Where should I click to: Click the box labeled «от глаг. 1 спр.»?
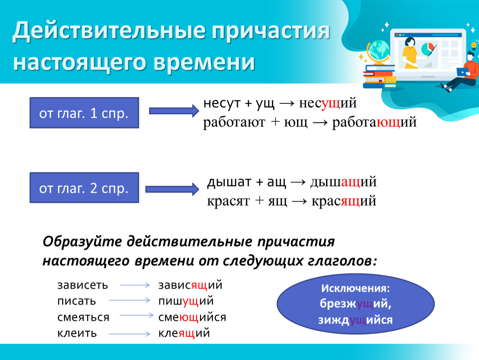(x=84, y=113)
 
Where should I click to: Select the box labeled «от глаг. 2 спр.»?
(x=84, y=187)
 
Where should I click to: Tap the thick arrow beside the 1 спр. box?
(x=174, y=111)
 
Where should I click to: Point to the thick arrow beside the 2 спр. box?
(x=172, y=189)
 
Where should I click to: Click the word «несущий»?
(x=328, y=103)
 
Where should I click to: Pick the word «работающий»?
(x=374, y=122)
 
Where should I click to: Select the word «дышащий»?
(x=343, y=182)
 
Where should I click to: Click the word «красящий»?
(x=344, y=201)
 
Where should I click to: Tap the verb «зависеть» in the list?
(x=82, y=285)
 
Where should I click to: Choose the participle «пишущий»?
(x=186, y=301)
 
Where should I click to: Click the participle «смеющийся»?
(x=192, y=317)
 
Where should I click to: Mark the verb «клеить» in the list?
(x=77, y=333)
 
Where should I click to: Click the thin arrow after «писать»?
(x=130, y=300)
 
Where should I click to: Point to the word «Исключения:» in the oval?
(x=355, y=288)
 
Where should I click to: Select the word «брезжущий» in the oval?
(x=356, y=304)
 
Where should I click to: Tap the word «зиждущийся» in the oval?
(x=355, y=320)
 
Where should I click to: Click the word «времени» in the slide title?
(x=204, y=62)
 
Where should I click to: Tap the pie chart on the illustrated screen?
(x=428, y=49)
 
